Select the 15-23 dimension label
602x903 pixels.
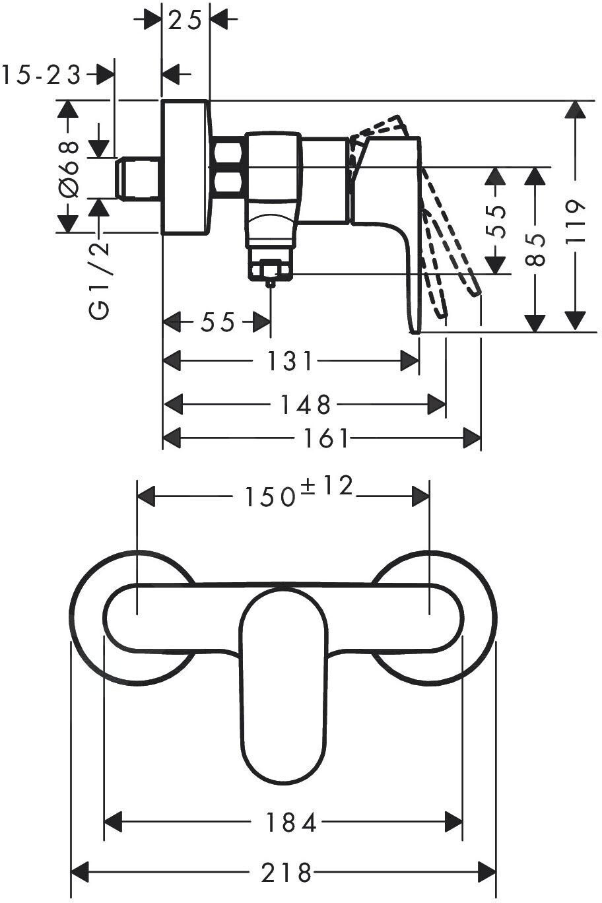[x=41, y=75]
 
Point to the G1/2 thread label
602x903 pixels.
[x=100, y=281]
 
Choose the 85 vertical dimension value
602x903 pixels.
[x=537, y=249]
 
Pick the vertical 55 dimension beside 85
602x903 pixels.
[x=498, y=221]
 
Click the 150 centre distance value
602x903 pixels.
[x=269, y=497]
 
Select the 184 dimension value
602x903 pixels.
[x=291, y=822]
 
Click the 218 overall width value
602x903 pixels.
[x=285, y=873]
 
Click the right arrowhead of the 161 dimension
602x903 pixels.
[x=471, y=437]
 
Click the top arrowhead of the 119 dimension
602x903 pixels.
[x=576, y=110]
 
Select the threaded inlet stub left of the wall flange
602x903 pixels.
[x=138, y=178]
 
